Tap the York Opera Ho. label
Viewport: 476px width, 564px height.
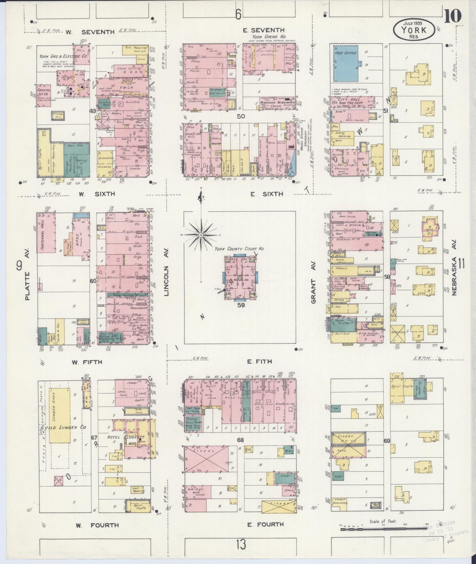(x=269, y=37)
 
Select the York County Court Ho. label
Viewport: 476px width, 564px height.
(x=239, y=249)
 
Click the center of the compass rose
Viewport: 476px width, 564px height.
(x=201, y=235)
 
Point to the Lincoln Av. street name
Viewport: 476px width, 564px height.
(x=166, y=271)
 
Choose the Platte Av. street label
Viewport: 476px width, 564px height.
(x=27, y=286)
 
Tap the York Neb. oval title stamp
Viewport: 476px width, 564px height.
(x=414, y=29)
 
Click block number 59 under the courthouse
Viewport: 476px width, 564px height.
(x=241, y=305)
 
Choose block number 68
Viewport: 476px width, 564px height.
(x=240, y=440)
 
